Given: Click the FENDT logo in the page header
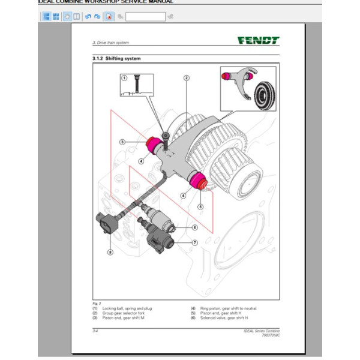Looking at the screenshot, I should point(258,41).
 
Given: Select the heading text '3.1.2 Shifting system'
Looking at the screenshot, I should point(117,58).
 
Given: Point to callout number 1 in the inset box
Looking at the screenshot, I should point(124,78).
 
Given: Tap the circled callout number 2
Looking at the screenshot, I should point(187,78).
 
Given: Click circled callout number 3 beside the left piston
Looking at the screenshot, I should point(122,142).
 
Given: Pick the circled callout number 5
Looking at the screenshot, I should point(201,206).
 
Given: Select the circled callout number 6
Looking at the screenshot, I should point(195,227).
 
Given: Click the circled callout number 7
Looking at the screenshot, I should point(195,242).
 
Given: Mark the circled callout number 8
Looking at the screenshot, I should point(110,252).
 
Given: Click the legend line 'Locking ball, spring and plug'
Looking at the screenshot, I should point(127,308).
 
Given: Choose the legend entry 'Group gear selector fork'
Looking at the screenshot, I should point(123,313).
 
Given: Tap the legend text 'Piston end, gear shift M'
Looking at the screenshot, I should point(124,317).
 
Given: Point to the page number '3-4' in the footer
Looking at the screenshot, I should point(95,331).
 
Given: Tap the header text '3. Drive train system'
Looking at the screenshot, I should point(111,43).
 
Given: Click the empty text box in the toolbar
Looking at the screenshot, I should point(145,16).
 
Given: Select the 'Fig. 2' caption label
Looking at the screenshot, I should point(96,304).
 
